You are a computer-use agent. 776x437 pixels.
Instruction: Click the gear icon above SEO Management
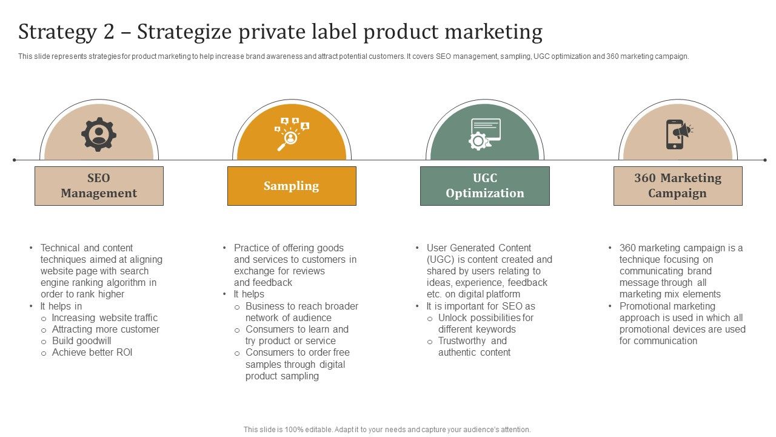point(99,134)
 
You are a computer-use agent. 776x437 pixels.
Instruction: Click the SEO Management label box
point(99,186)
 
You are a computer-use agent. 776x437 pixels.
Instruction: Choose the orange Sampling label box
point(292,186)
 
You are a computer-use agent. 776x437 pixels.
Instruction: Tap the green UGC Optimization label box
point(485,186)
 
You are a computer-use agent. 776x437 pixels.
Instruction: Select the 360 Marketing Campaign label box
point(678,186)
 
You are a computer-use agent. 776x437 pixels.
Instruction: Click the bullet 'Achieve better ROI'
point(92,353)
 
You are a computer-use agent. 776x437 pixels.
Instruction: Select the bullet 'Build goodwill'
point(82,341)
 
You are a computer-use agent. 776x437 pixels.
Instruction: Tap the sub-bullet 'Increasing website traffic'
point(105,318)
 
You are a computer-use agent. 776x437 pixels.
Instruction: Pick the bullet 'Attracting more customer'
point(106,330)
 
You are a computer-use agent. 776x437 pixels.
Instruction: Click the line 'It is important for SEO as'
point(481,307)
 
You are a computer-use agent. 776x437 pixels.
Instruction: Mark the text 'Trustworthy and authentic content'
point(473,347)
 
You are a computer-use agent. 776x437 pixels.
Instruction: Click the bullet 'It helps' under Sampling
point(249,294)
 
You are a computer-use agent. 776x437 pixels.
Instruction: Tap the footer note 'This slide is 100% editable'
point(387,430)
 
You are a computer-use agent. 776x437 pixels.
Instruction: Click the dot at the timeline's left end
point(15,160)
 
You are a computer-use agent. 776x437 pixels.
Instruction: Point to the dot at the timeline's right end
point(765,160)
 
